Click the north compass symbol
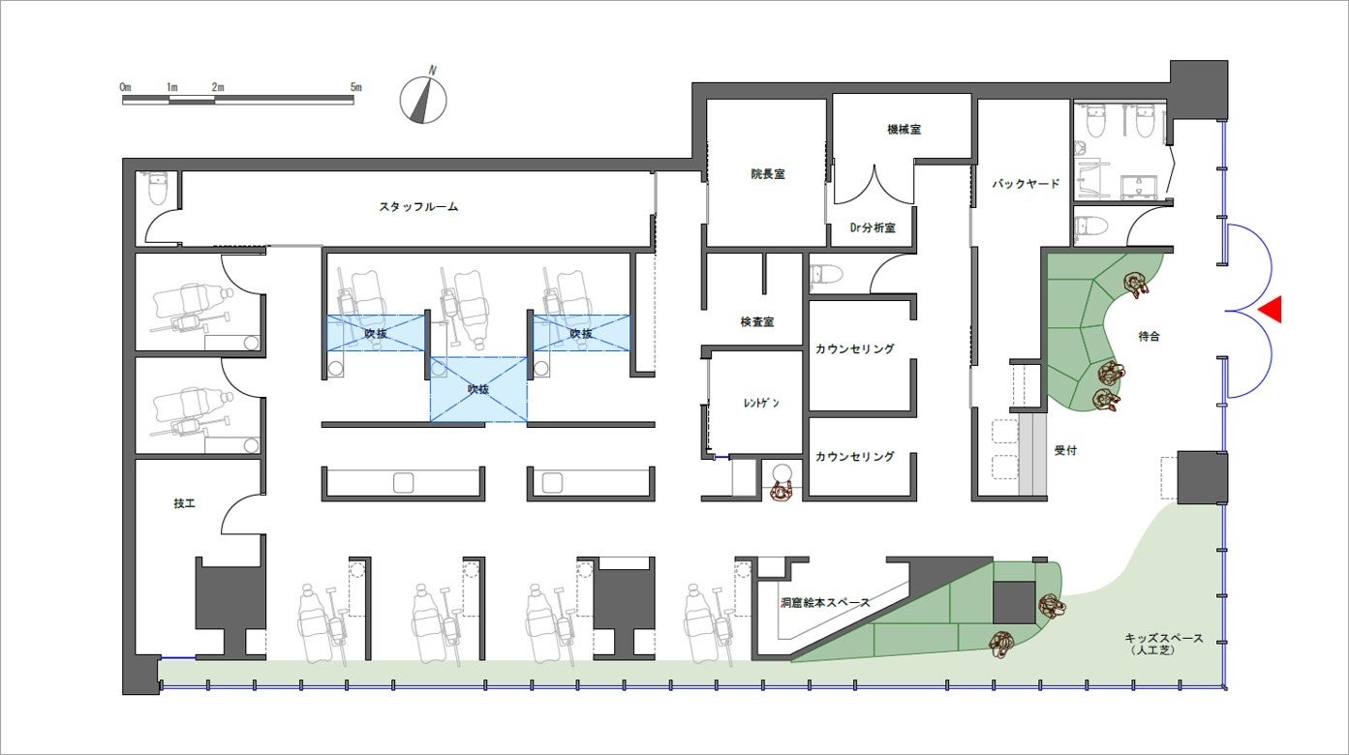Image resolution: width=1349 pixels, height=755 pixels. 423,98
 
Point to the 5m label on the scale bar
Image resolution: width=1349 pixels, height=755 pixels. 356,87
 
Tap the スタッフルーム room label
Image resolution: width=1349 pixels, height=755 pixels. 418,207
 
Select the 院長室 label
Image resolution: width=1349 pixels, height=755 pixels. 768,174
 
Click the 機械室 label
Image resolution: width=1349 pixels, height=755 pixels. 904,130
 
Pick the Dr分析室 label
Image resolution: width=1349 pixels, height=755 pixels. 872,227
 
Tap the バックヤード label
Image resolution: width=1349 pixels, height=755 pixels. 1026,184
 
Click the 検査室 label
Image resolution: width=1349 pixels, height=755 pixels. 757,322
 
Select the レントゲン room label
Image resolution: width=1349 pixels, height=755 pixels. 762,403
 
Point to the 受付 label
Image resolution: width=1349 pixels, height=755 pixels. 1065,450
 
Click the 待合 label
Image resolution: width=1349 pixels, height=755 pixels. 1150,336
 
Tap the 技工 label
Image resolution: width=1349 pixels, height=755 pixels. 184,503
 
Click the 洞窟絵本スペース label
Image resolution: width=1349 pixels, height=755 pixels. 825,602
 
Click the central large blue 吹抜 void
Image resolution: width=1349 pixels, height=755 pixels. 478,389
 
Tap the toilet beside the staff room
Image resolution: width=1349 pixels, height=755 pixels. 158,188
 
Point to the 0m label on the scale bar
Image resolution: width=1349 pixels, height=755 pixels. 125,87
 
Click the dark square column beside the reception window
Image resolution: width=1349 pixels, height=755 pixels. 1202,477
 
